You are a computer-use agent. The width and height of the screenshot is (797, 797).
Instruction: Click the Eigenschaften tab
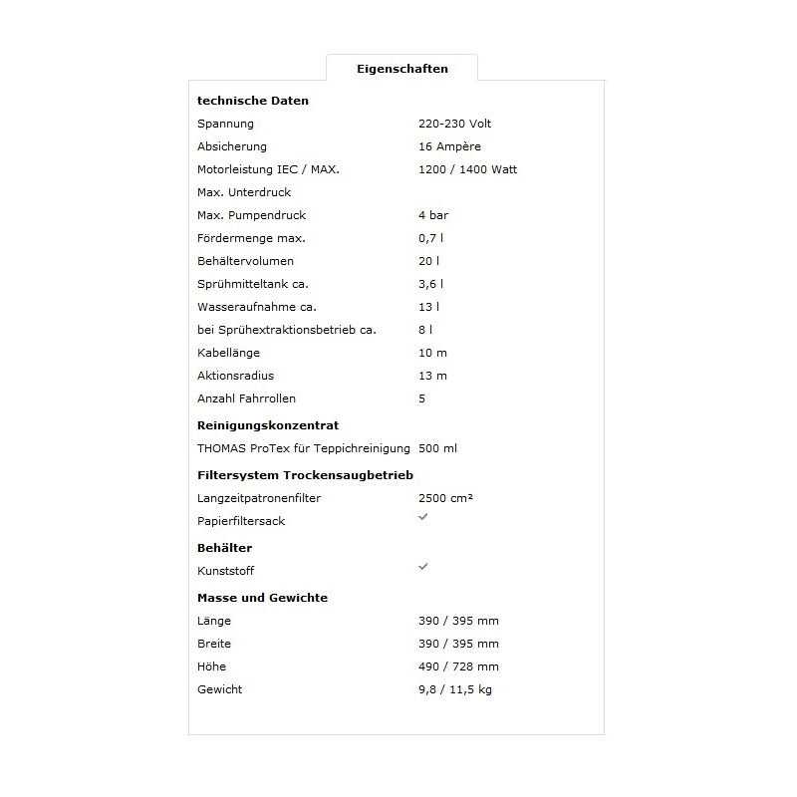coord(401,69)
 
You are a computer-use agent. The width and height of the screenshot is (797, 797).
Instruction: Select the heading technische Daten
coord(253,101)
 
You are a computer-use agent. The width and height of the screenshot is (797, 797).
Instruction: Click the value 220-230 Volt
coord(454,124)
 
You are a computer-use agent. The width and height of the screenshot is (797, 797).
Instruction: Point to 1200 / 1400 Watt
coord(467,169)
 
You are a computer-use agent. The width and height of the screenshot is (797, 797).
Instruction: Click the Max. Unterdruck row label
coord(244,192)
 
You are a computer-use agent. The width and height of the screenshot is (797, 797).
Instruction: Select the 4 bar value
coord(433,215)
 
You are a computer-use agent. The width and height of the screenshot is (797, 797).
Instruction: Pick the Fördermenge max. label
coord(251,238)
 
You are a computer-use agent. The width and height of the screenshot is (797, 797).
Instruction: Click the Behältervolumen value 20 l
coord(428,261)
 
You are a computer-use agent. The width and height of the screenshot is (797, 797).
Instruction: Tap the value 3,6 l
coord(430,284)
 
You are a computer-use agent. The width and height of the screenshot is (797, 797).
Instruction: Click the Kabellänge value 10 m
coord(432,353)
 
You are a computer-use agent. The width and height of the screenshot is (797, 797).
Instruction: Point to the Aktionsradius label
coord(235,376)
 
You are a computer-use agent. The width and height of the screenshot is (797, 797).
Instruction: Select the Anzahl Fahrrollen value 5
coord(422,398)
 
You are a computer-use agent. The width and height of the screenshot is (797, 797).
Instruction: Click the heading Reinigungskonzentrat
coord(268,425)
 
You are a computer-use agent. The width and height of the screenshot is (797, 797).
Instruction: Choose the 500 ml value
coord(437,448)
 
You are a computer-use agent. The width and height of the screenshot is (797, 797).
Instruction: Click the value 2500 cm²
coord(445,498)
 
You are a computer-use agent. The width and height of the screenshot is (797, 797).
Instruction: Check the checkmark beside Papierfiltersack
coord(423,516)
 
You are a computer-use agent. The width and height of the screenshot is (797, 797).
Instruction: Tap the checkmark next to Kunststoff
coord(423,566)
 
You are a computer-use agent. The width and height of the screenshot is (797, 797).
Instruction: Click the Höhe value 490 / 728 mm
coord(458,666)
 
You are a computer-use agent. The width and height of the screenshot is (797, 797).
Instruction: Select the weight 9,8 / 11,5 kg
coord(455,689)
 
